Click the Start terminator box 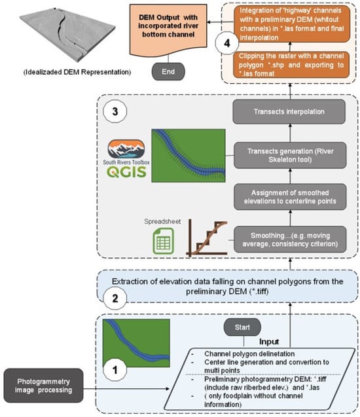coord(242,326)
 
